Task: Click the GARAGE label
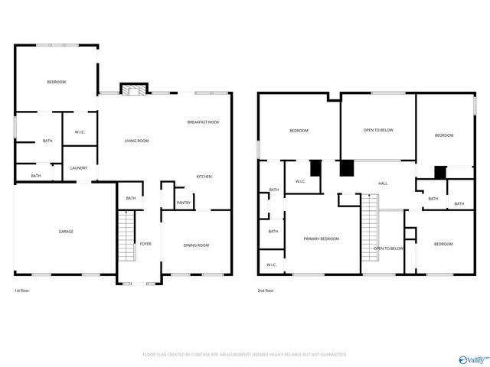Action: (66, 231)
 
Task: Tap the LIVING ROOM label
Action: (137, 141)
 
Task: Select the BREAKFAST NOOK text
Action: (203, 122)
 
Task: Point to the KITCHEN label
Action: (204, 177)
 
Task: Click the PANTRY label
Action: (183, 203)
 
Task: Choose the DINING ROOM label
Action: (195, 245)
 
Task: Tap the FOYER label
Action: (145, 244)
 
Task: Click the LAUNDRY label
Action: (78, 168)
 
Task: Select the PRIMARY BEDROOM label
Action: (321, 239)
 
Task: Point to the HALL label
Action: (383, 183)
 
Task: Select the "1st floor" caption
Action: (22, 291)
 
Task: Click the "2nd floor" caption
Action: (266, 291)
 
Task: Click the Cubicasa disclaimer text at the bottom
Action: (245, 355)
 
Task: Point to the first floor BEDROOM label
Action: (56, 82)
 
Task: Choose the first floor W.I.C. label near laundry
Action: (80, 133)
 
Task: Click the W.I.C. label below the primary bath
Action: (271, 265)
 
